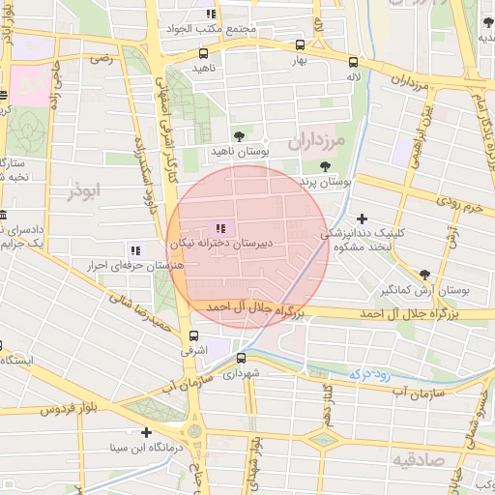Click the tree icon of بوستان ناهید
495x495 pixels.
(x=239, y=134)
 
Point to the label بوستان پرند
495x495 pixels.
(x=322, y=181)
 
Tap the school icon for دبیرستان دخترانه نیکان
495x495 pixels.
(x=220, y=228)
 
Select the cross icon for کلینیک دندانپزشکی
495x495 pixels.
(x=363, y=218)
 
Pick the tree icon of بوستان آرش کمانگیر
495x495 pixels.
(x=424, y=275)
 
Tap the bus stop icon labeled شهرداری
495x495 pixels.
(x=241, y=357)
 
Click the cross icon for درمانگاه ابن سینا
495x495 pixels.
(x=146, y=432)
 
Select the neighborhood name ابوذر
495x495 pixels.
(x=84, y=190)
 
